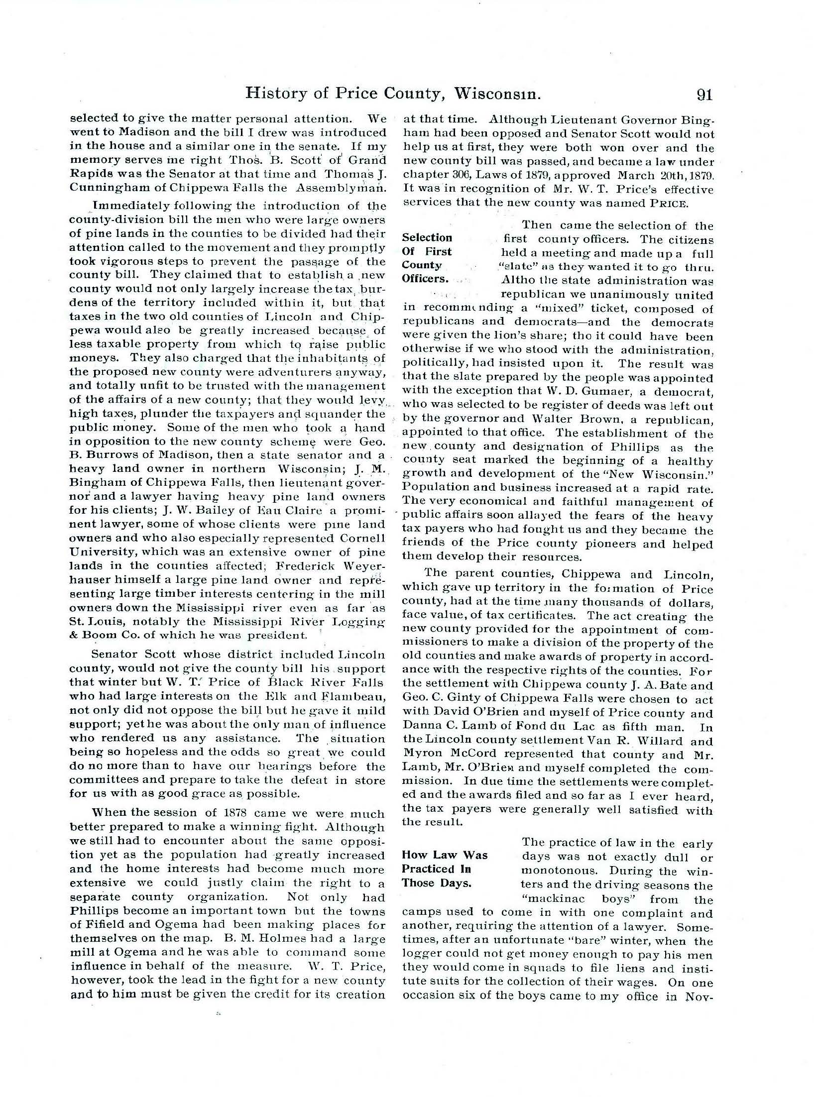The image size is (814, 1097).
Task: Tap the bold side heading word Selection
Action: tap(427, 237)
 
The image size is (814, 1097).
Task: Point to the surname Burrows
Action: tap(112, 455)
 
